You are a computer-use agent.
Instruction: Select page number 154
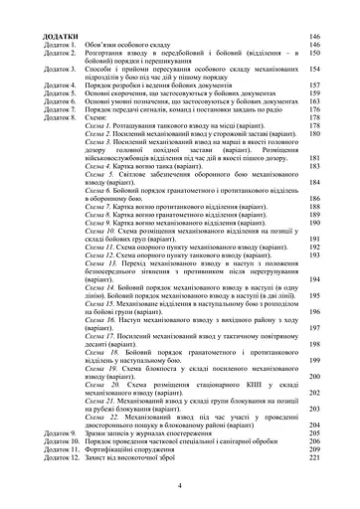pyautogui.click(x=314, y=71)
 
